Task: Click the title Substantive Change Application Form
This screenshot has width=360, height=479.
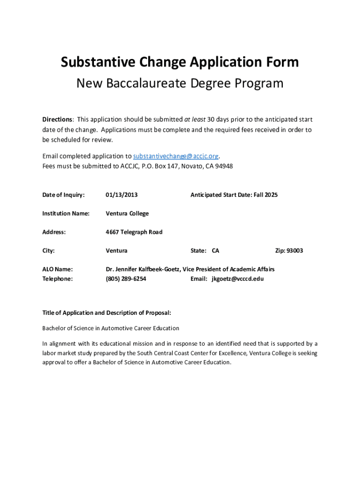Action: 180,62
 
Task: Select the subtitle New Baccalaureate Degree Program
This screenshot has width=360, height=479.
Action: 180,83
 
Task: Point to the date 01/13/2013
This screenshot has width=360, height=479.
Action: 122,195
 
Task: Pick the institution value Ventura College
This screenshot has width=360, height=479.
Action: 127,213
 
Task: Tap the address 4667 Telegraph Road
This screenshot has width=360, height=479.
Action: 134,232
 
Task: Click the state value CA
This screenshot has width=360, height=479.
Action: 216,251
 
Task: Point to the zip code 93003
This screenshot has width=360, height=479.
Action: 295,251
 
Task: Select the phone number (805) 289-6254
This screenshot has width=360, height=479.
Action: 126,279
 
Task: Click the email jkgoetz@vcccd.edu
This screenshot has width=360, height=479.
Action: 238,279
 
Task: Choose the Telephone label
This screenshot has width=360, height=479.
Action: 58,279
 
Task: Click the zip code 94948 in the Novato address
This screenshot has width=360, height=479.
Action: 223,166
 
